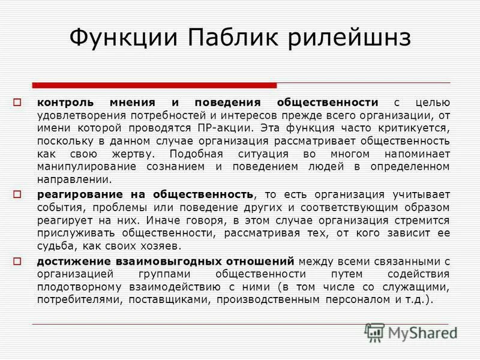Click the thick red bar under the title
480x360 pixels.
click(154, 85)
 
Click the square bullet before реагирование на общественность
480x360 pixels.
click(17, 194)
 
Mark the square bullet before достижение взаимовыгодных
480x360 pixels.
click(17, 260)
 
